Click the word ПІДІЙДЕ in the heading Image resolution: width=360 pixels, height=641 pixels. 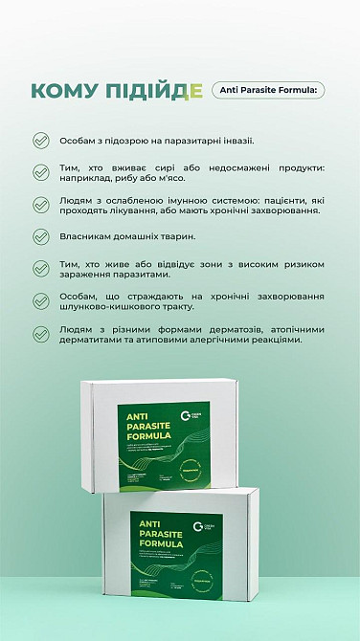click(152, 91)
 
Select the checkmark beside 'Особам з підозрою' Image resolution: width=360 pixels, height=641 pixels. click(40, 141)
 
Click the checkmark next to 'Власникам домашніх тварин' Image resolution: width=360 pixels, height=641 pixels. click(40, 235)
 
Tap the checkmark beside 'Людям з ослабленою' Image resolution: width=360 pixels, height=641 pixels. click(40, 204)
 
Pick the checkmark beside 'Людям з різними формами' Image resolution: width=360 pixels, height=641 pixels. click(40, 334)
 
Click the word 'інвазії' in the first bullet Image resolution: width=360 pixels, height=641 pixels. click(235, 141)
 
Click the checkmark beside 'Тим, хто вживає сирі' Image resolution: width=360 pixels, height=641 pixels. click(40, 172)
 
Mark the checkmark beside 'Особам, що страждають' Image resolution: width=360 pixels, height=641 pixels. click(40, 301)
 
